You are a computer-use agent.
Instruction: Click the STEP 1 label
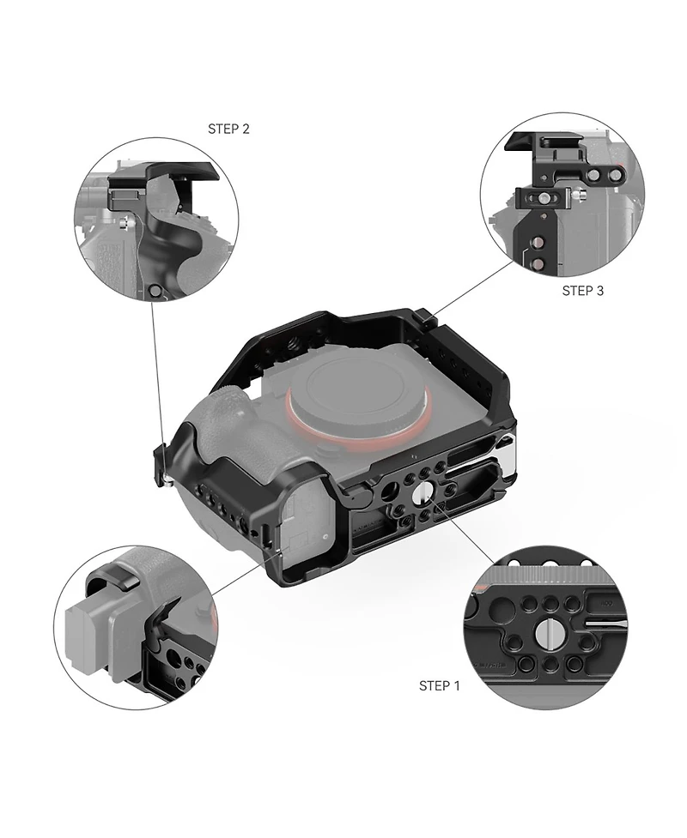(439, 685)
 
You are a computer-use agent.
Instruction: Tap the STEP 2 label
(228, 129)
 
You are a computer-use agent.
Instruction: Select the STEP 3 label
(583, 291)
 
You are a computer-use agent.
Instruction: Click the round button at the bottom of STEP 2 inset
(155, 292)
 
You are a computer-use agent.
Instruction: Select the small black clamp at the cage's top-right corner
(427, 317)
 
